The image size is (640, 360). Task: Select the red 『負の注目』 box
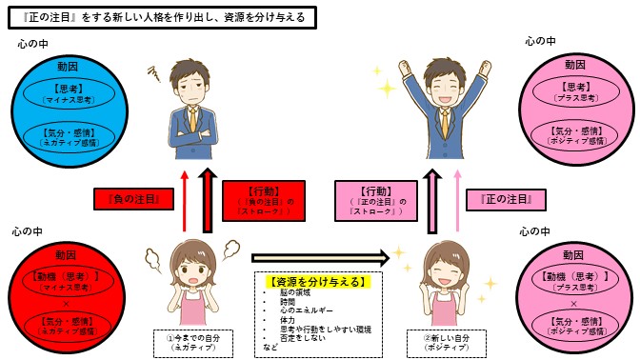coord(133,199)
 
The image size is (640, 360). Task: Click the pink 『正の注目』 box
coord(505,199)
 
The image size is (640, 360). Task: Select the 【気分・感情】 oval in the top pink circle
coord(576,134)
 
